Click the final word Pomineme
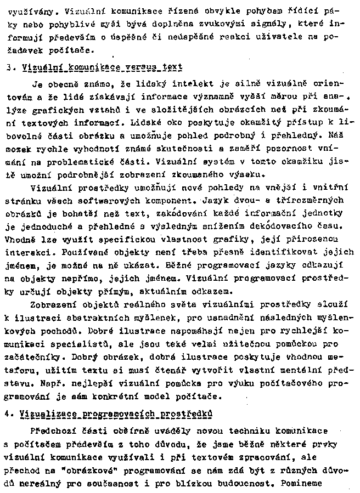331,483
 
